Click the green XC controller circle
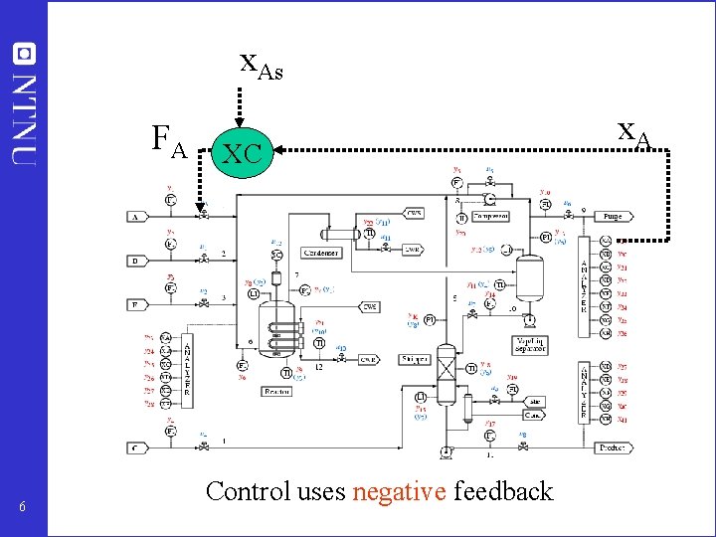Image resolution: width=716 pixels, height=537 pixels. coord(242,152)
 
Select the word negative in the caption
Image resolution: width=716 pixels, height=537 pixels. coord(399,490)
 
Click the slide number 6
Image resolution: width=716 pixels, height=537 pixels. coord(22,508)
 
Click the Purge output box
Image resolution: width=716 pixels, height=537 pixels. coord(614,216)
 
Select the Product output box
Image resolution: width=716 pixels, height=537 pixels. coord(613,448)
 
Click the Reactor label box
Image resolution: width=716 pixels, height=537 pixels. coord(276,392)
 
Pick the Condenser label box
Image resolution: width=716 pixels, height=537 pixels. coord(321,253)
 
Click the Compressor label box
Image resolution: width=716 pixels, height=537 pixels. coord(489,216)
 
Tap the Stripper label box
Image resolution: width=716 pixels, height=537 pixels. coord(415,359)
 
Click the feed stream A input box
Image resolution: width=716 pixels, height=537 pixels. coord(136,216)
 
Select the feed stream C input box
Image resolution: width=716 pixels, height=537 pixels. coord(136,448)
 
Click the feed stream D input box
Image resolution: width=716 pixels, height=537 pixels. coord(136,261)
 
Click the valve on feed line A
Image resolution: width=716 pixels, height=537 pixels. coord(203,215)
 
